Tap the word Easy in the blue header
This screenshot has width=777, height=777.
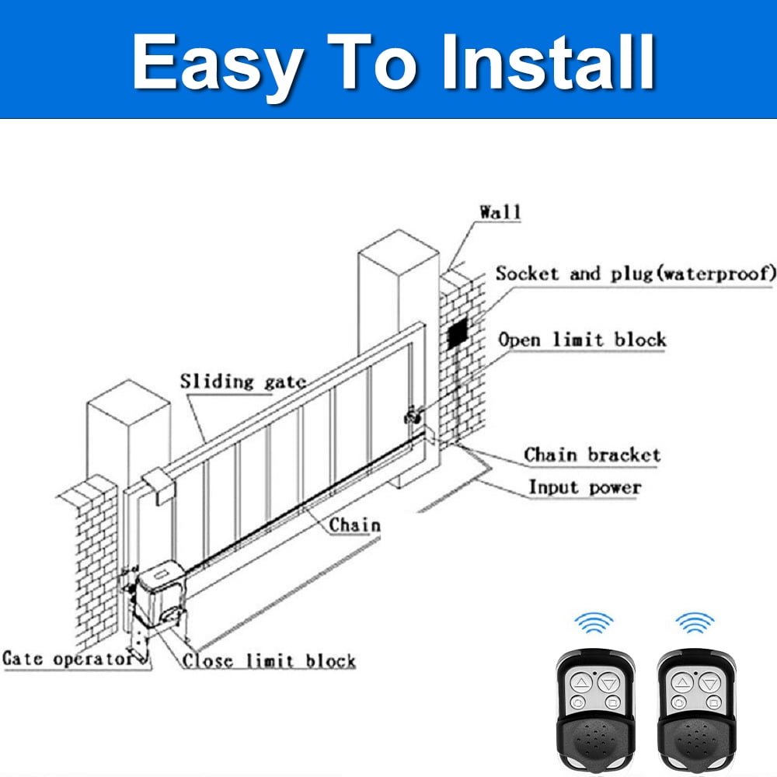point(218,68)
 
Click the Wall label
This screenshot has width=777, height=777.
point(500,212)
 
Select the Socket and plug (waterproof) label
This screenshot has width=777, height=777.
point(636,274)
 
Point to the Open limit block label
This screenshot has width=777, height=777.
point(582,340)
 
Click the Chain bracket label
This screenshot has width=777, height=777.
point(592,455)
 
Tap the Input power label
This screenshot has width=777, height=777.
point(585,487)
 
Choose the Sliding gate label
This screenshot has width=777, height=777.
point(242,382)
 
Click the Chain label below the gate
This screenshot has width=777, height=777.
point(355,524)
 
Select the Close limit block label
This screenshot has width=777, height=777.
point(269,660)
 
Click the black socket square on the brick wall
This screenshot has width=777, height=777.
point(458,334)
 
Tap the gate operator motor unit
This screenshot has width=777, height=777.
point(160,594)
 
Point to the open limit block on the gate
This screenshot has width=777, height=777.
point(413,415)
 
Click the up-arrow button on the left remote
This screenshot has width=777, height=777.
point(581,683)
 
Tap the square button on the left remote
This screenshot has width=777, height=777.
point(612,702)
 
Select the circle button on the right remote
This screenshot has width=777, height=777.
point(679,702)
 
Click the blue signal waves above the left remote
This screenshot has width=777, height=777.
point(594,623)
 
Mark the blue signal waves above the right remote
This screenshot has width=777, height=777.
point(695,623)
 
